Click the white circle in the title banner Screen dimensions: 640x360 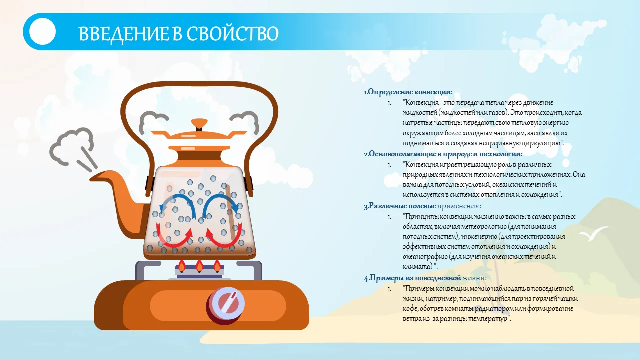point(42,31)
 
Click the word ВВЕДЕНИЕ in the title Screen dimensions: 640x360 point(123,34)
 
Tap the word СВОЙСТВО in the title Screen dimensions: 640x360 point(233,34)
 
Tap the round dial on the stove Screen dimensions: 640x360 point(225,304)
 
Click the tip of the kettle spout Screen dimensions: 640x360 point(91,179)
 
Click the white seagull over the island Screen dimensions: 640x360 point(594,233)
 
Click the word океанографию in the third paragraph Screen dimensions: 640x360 point(425,257)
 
